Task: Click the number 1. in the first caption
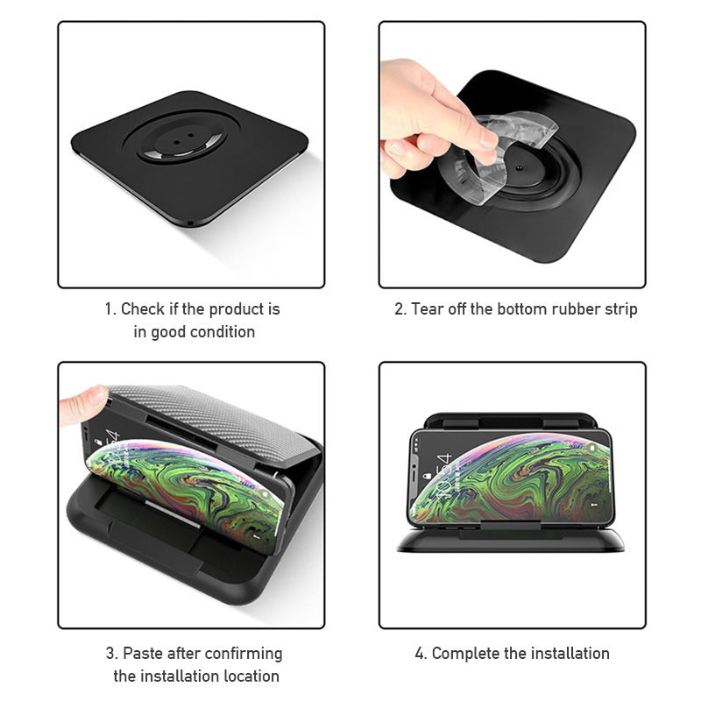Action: [x=111, y=309]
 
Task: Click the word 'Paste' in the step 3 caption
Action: [x=142, y=654]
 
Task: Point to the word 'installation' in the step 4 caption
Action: [x=565, y=654]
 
